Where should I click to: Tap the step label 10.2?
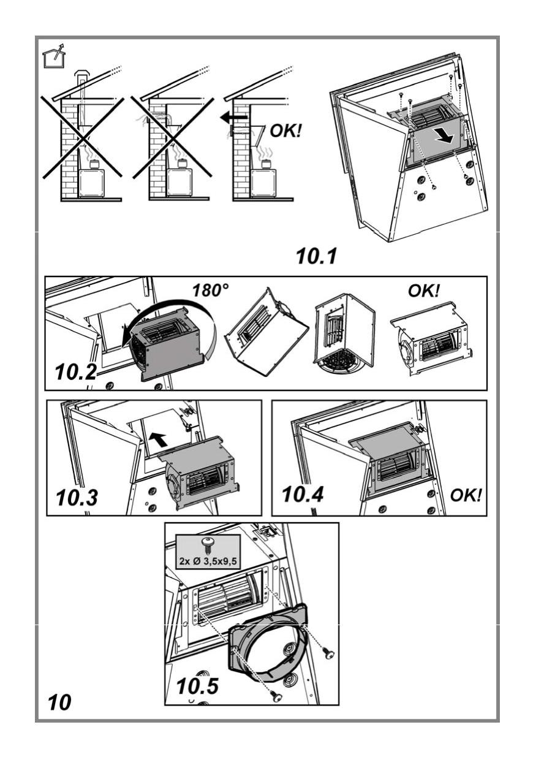[x=75, y=372]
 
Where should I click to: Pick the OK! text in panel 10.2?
[x=424, y=291]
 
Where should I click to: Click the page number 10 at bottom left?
[x=59, y=702]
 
